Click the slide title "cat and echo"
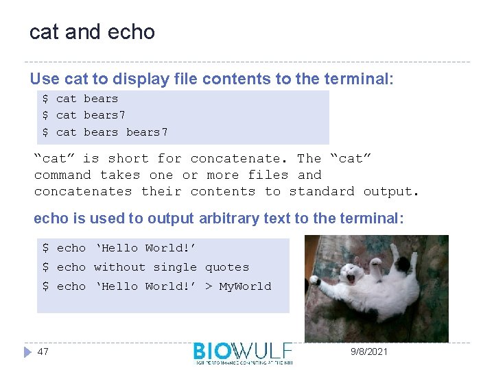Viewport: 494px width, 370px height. (x=92, y=32)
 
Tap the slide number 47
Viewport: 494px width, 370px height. (x=43, y=351)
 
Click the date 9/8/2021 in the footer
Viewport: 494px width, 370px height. (x=368, y=351)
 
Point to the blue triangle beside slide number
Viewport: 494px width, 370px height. (x=26, y=351)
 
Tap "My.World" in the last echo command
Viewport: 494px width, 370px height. (x=245, y=286)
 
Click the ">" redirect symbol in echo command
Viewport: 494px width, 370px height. (x=208, y=286)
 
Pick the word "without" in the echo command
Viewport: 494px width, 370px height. (x=119, y=267)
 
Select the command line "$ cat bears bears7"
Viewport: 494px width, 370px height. (x=105, y=132)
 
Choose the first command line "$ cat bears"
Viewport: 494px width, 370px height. (x=80, y=99)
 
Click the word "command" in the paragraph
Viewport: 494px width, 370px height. (x=62, y=175)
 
